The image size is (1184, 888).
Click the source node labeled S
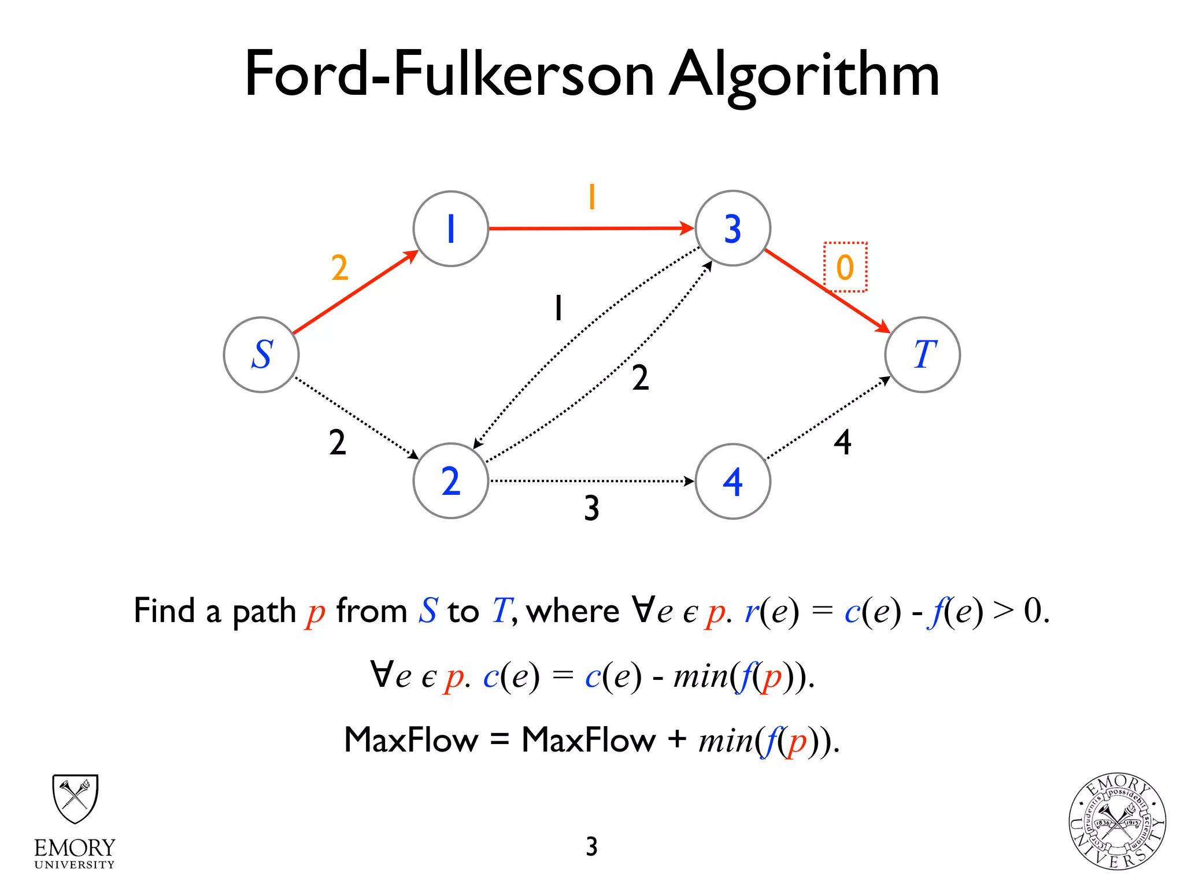[x=261, y=354]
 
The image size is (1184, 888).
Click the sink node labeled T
[x=923, y=354]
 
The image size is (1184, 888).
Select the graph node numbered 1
[x=451, y=228]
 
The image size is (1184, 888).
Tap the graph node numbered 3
[x=732, y=228]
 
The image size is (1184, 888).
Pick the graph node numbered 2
[x=451, y=480]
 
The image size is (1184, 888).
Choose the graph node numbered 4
[x=732, y=481]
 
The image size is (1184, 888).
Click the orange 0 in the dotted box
[x=845, y=267]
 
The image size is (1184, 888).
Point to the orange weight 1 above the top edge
[x=591, y=197]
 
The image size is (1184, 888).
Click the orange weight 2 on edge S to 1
[x=340, y=268]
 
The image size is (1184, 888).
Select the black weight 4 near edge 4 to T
[x=842, y=443]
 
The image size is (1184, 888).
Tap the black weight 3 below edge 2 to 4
[x=591, y=508]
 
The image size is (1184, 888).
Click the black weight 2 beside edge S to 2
[x=338, y=443]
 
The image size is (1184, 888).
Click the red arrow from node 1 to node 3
[x=590, y=228]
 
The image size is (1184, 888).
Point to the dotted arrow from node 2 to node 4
[x=590, y=480]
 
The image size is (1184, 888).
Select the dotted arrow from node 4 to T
[x=827, y=418]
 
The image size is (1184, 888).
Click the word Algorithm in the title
[x=804, y=75]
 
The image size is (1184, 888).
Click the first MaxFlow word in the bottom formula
[x=411, y=739]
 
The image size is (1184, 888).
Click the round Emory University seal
[x=1117, y=822]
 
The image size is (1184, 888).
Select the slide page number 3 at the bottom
[x=591, y=846]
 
